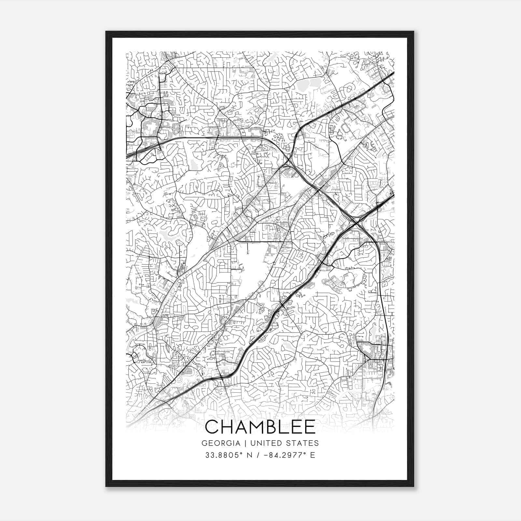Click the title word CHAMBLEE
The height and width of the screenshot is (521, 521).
tap(260, 427)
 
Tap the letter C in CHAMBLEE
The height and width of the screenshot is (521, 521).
tap(213, 427)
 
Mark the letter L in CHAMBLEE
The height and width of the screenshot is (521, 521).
tap(283, 427)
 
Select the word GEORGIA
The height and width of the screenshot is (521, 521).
tap(220, 443)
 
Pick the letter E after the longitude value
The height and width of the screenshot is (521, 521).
tap(313, 455)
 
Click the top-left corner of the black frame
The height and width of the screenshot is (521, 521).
tap(106, 32)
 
